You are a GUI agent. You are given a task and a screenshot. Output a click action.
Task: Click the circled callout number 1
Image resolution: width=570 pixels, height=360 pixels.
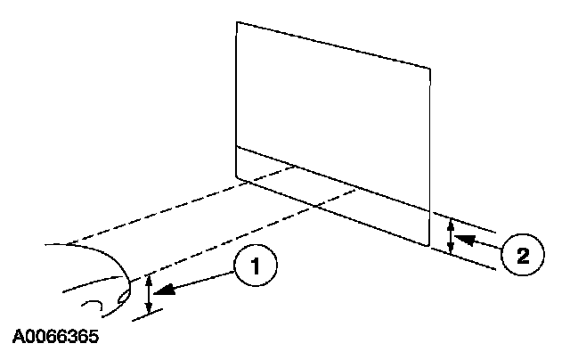click(x=255, y=266)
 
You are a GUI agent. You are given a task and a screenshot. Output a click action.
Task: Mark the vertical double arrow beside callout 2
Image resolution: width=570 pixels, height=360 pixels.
click(x=451, y=236)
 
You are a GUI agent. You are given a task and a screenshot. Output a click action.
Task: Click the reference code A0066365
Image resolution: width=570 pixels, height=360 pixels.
click(x=56, y=339)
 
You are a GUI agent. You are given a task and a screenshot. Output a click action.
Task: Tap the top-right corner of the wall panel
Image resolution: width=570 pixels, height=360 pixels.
click(x=431, y=66)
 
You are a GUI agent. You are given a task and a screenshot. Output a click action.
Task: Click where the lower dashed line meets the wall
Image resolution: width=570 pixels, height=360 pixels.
click(x=357, y=188)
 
